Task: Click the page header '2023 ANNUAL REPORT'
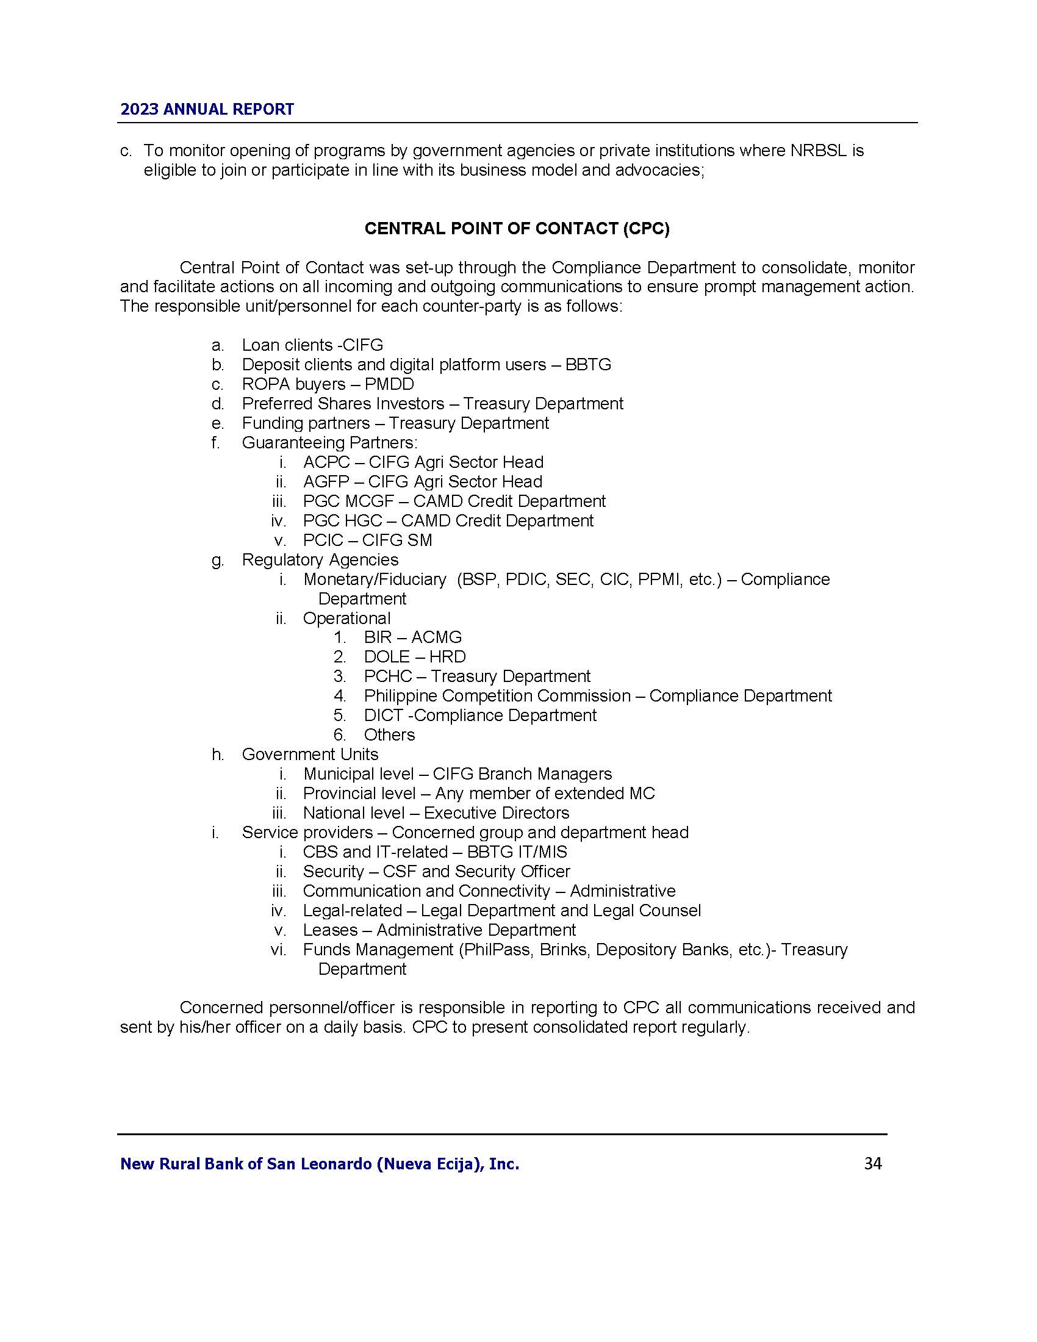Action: pos(207,109)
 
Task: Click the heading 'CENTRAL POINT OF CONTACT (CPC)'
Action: pos(517,229)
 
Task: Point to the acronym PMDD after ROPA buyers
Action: pos(390,384)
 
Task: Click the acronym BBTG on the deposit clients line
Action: pos(588,364)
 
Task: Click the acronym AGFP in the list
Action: pos(326,482)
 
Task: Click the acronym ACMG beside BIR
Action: pos(436,637)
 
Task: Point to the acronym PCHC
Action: pos(387,676)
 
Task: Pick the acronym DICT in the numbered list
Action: pos(383,716)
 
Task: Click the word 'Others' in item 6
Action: pos(390,735)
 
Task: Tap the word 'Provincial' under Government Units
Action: pos(339,793)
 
